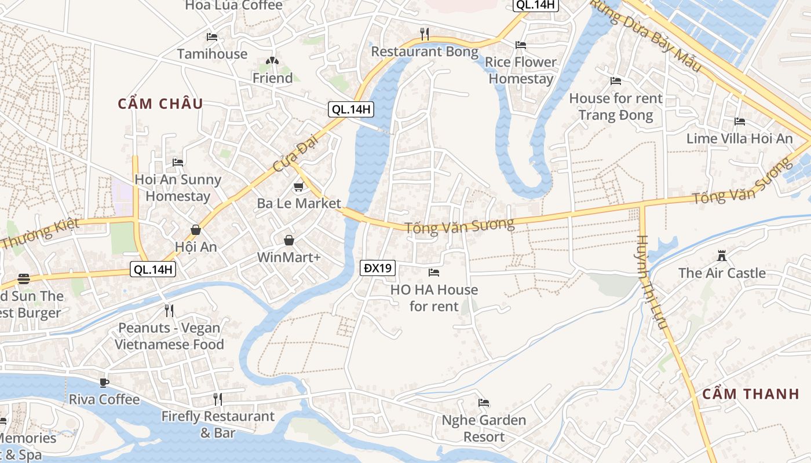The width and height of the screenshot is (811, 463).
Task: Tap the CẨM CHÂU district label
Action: point(160,104)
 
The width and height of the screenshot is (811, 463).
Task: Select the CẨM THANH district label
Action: point(751,394)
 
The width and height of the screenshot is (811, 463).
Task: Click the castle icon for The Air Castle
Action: point(721,255)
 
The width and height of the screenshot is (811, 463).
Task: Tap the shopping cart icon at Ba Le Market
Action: point(298,186)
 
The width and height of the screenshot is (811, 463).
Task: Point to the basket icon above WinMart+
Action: point(288,240)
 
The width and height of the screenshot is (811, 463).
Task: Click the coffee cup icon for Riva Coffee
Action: point(104,383)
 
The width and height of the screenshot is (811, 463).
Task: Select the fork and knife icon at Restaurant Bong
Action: point(425,34)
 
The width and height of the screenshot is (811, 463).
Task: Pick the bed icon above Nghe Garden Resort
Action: point(484,403)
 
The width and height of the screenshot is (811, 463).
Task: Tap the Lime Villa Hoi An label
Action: point(739,139)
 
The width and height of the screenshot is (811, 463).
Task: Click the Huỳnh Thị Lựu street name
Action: point(652,284)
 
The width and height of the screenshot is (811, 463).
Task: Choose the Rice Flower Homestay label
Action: point(520,70)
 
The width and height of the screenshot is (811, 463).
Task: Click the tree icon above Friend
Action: point(272,60)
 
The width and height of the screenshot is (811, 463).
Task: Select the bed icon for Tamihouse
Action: point(212,37)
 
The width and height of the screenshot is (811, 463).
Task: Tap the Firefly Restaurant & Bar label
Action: point(218,424)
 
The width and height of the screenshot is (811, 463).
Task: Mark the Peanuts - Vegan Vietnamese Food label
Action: point(169,336)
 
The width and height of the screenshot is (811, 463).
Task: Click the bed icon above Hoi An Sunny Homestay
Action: point(178,163)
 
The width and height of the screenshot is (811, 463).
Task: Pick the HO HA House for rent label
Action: point(434,297)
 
